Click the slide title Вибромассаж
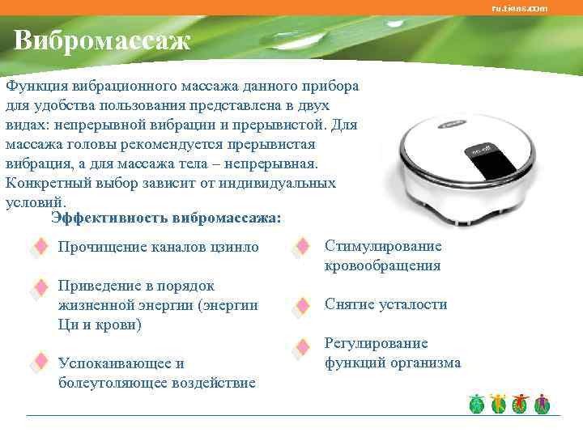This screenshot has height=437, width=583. pyautogui.click(x=102, y=40)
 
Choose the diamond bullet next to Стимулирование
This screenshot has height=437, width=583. pyautogui.click(x=302, y=246)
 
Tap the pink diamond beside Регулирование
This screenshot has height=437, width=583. pyautogui.click(x=302, y=347)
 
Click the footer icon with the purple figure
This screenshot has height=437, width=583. pyautogui.click(x=543, y=404)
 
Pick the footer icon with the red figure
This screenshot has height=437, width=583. pyautogui.click(x=520, y=404)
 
